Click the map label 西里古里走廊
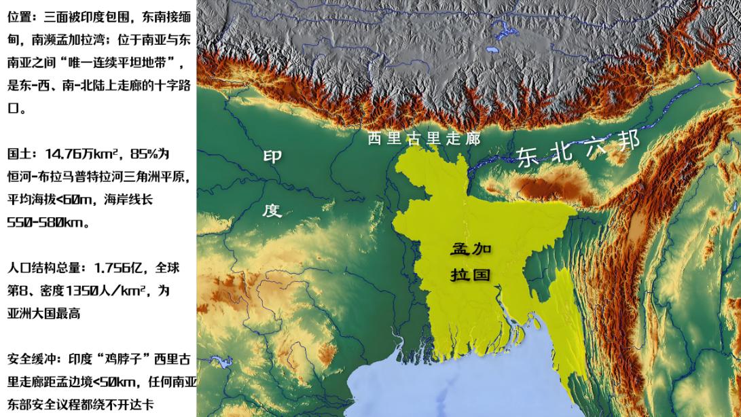(424, 139)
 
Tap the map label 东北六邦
(577, 149)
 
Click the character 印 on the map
(272, 157)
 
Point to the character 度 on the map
(272, 210)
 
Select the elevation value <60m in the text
(74, 199)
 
